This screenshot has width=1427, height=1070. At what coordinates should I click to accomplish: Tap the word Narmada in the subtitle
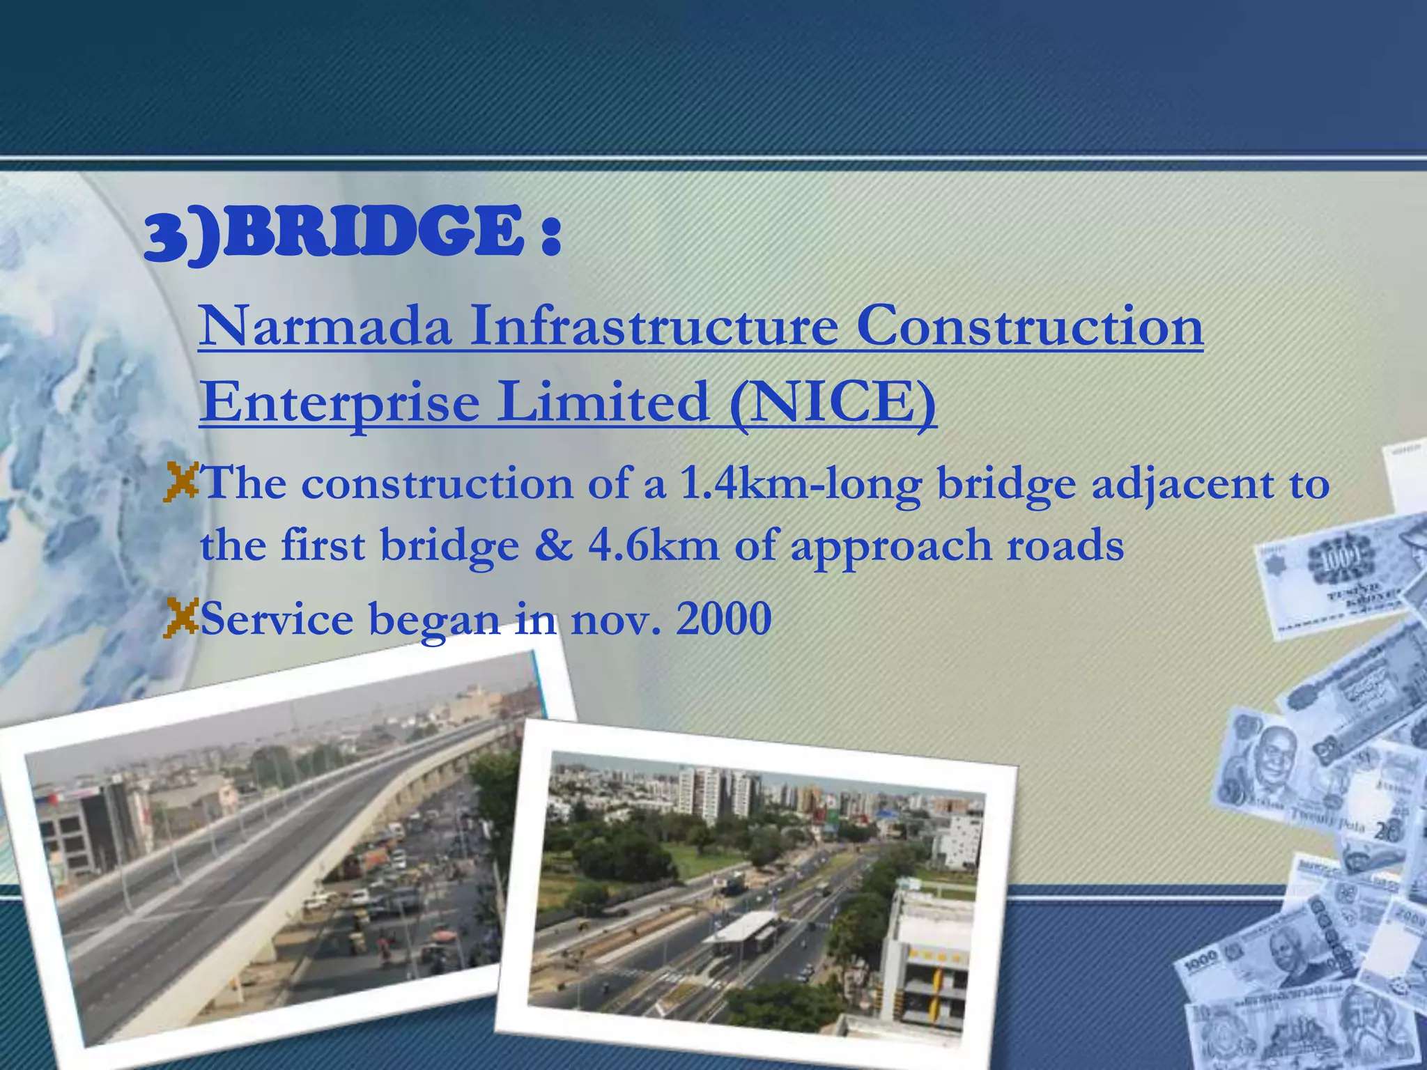325,327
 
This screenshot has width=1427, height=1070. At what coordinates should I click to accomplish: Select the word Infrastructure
654,327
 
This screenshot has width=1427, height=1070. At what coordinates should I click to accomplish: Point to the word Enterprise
339,404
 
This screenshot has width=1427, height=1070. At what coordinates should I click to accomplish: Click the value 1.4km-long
800,483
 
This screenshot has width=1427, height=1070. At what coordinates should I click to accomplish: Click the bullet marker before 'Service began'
181,618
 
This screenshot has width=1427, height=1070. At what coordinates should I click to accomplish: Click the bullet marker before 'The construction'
181,482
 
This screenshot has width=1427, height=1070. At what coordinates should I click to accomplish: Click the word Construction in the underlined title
1029,327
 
